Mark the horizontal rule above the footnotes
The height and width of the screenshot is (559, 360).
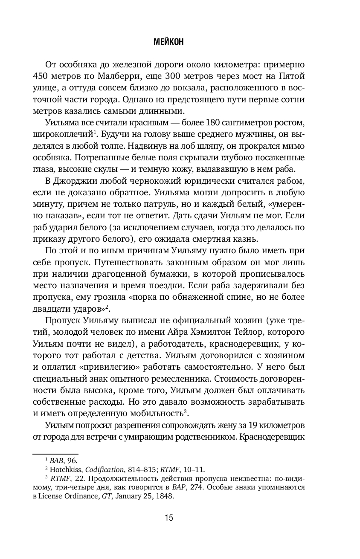tap(55, 454)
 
